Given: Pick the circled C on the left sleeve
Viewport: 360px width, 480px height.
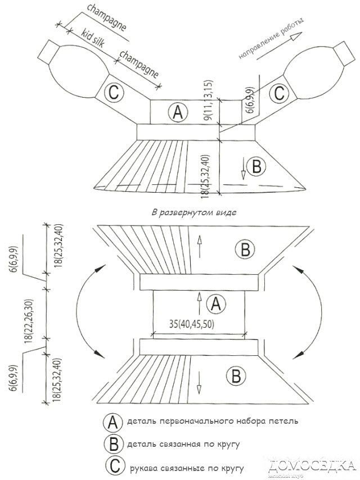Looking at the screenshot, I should click(x=112, y=93).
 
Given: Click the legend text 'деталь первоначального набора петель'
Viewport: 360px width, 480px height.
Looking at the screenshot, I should click(x=209, y=421).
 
